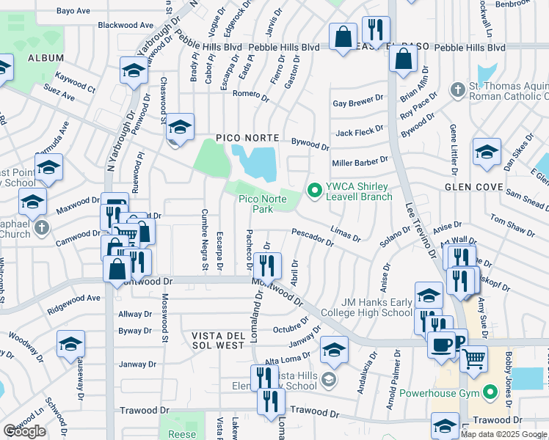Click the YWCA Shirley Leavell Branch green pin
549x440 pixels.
pyautogui.click(x=316, y=191)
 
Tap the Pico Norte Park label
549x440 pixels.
pyautogui.click(x=255, y=204)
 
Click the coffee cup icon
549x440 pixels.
pyautogui.click(x=443, y=345)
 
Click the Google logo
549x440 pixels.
pyautogui.click(x=24, y=431)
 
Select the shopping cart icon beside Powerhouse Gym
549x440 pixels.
pyautogui.click(x=474, y=359)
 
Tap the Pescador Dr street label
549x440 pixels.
pyautogui.click(x=313, y=234)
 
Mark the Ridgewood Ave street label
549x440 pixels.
pyautogui.click(x=73, y=298)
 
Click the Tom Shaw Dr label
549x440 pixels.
pyautogui.click(x=512, y=226)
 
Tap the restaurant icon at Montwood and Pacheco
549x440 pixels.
pyautogui.click(x=269, y=265)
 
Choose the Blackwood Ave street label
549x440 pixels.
pyautogui.click(x=126, y=25)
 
